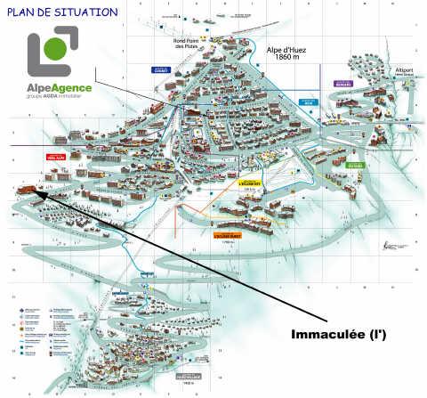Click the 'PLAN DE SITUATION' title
(60, 12)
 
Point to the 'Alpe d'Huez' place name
(286, 50)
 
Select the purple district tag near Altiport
(342, 85)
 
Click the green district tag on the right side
(355, 165)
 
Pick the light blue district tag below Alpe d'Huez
(309, 102)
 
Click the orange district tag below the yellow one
(227, 236)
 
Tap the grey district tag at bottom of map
(188, 375)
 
